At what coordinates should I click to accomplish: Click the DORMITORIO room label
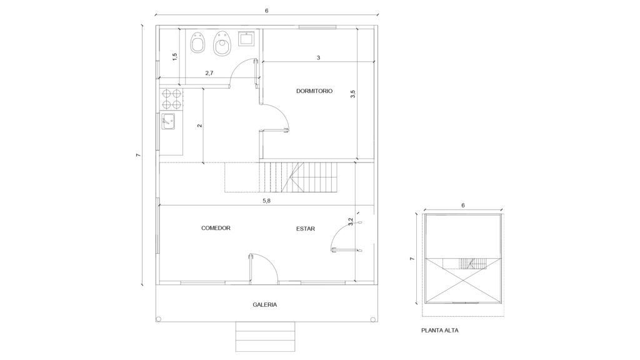click(314, 91)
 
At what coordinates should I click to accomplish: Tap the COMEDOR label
click(216, 228)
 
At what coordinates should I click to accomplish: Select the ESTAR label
click(306, 229)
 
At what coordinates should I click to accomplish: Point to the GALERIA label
click(265, 304)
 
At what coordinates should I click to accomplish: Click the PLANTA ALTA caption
click(440, 330)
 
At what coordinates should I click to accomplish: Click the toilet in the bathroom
click(197, 42)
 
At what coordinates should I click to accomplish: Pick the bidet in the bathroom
click(222, 43)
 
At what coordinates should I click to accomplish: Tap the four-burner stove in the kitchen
click(172, 99)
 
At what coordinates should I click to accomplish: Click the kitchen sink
click(168, 121)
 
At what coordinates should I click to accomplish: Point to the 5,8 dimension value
click(266, 201)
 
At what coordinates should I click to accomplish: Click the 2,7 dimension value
click(209, 73)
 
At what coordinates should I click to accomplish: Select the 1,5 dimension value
click(175, 57)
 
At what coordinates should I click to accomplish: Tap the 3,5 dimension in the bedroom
click(353, 94)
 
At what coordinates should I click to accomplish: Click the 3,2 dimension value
click(350, 222)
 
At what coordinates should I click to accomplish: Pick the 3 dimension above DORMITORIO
click(318, 58)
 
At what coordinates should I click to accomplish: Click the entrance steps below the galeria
click(265, 336)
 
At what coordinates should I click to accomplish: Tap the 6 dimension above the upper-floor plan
click(463, 205)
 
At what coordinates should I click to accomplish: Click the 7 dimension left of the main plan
click(138, 155)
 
